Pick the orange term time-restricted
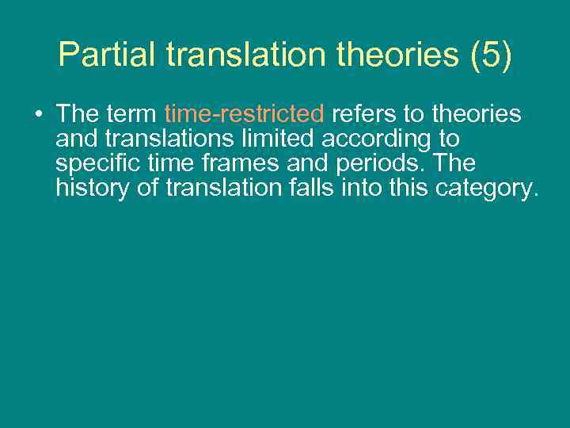coord(244,114)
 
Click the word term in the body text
coord(130,114)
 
